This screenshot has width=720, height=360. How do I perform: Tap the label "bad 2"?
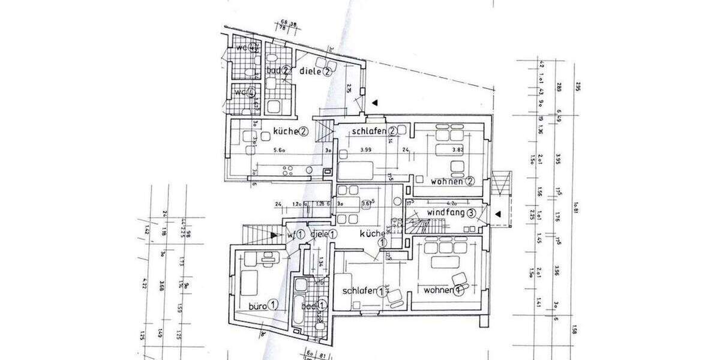278,71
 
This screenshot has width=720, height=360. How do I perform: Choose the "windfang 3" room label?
452,212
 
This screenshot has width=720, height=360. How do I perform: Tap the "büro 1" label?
264,305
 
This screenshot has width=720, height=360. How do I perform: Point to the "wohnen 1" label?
443,290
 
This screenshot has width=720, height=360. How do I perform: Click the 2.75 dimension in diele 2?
349,89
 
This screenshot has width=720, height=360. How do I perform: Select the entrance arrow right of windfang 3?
497,213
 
